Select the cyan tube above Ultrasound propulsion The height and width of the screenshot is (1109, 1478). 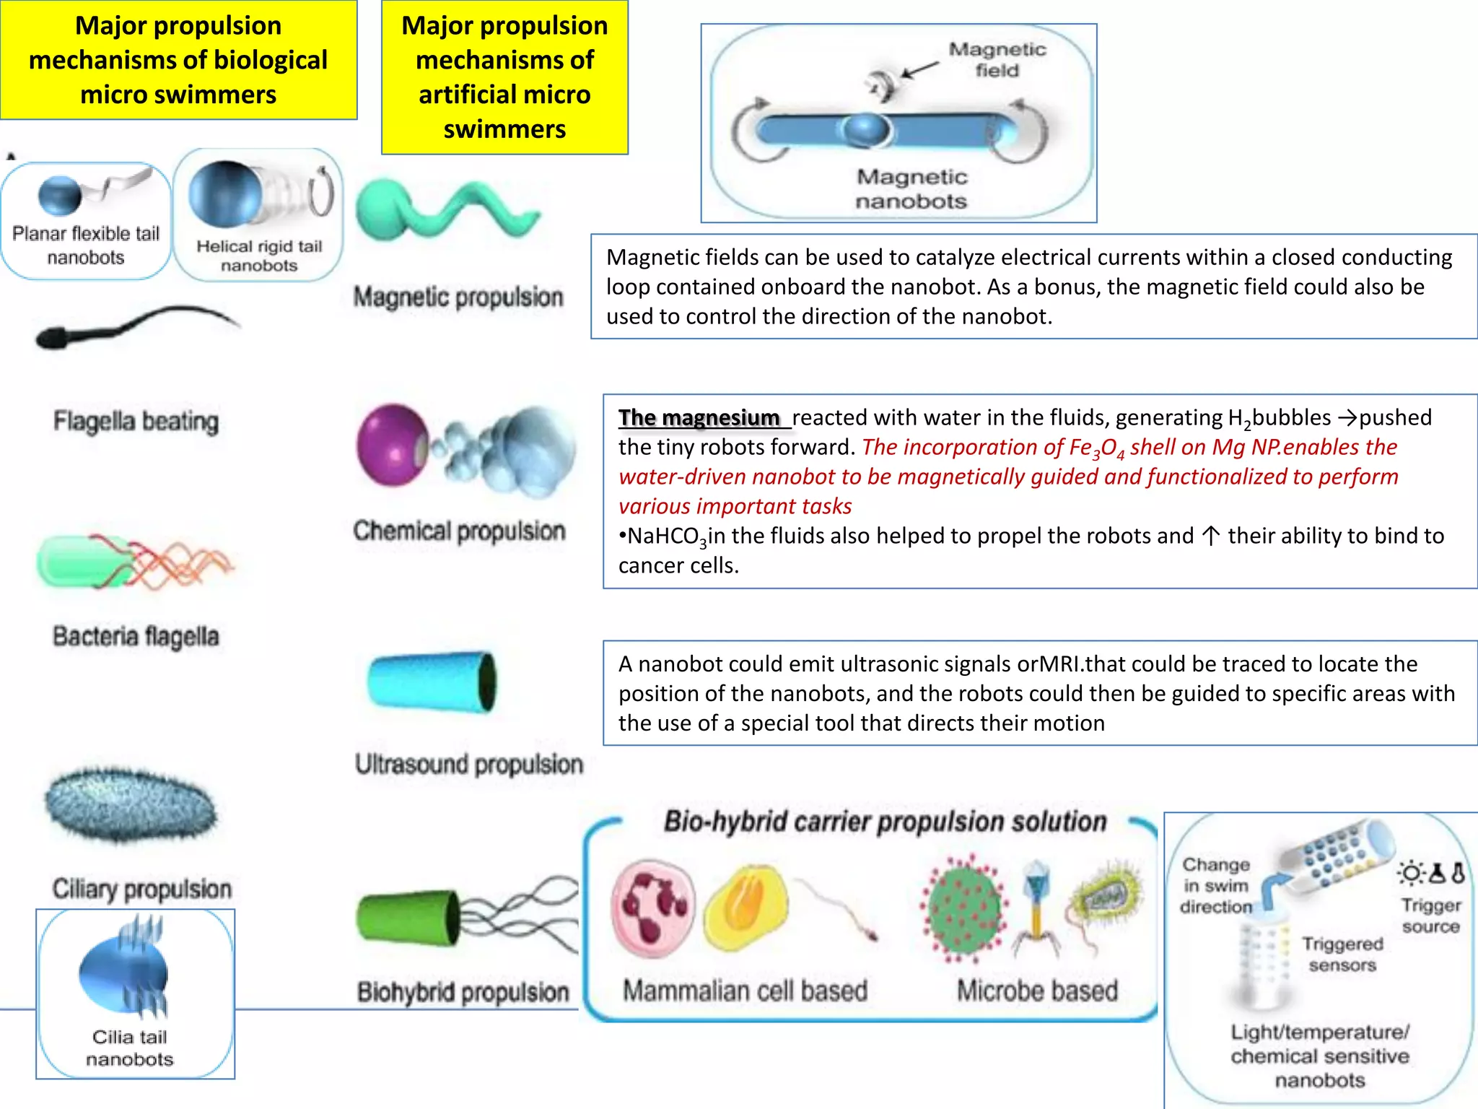432,682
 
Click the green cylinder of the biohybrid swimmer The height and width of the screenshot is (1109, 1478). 408,918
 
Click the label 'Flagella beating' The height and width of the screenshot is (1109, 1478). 136,421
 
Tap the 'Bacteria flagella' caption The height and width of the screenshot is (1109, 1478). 136,636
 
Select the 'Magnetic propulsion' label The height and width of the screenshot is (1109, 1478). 458,297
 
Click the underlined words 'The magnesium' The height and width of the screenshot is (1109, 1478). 699,418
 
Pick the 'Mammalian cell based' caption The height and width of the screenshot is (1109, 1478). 745,991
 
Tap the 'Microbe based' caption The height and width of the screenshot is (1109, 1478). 1037,991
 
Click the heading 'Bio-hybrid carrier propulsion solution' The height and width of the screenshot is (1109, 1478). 885,822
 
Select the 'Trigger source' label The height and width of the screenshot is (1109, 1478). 1430,916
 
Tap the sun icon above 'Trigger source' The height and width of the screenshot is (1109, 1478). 1410,874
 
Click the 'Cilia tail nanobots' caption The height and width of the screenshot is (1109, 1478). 130,1048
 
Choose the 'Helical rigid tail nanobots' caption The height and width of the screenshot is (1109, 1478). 259,256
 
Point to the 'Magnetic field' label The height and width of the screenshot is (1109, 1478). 997,59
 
